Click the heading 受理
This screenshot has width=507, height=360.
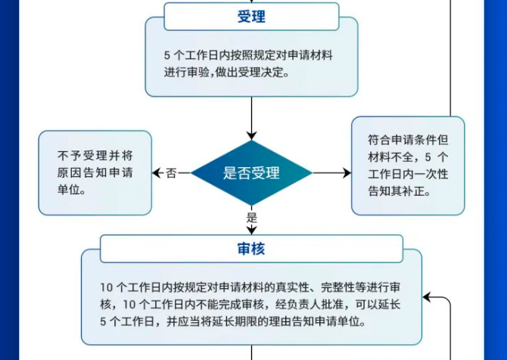[x=251, y=17]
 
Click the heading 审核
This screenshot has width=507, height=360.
[x=251, y=249]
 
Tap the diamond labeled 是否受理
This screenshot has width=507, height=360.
[x=251, y=173]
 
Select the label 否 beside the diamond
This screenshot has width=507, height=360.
[x=171, y=173]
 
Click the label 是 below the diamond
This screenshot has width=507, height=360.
[x=251, y=218]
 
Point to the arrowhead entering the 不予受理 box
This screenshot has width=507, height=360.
[x=157, y=173]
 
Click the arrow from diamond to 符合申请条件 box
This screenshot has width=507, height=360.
[x=331, y=173]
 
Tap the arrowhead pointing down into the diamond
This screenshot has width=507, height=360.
[x=251, y=135]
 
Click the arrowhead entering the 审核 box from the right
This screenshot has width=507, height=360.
[x=428, y=297]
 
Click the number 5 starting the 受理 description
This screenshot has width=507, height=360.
[x=166, y=55]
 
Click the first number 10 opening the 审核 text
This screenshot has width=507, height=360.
[x=106, y=287]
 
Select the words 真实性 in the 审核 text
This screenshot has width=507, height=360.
[x=291, y=287]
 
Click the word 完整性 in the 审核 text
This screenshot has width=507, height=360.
[x=337, y=287]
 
